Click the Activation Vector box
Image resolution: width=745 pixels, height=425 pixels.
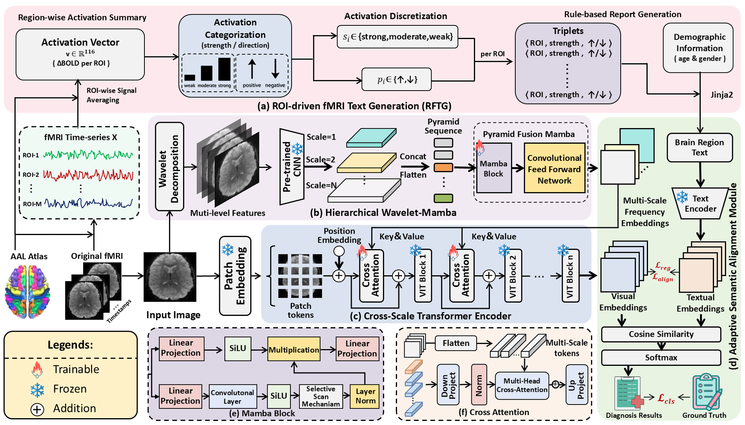click(x=80, y=54)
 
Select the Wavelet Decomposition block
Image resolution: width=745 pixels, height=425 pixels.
click(x=169, y=167)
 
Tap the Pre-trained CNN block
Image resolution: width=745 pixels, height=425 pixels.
click(x=292, y=167)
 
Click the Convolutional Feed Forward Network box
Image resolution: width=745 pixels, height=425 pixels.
click(x=554, y=169)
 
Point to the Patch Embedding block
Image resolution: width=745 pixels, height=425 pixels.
click(x=235, y=276)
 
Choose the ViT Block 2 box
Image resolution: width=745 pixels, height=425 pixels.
click(x=513, y=276)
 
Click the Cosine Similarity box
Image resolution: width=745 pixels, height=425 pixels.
click(x=661, y=334)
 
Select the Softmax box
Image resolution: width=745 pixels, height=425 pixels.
click(x=661, y=357)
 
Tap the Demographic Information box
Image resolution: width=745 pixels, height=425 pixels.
click(x=699, y=47)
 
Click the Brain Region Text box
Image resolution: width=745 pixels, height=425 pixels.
click(x=699, y=147)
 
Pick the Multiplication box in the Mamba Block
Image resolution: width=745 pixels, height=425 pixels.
click(x=294, y=349)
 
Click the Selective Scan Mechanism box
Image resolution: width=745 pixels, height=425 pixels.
click(x=320, y=396)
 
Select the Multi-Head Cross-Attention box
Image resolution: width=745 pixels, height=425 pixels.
click(x=522, y=385)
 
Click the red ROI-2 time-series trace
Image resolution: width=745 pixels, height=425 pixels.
click(x=88, y=175)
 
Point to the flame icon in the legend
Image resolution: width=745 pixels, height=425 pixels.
click(x=37, y=369)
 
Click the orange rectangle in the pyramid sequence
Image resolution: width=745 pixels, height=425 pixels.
click(x=443, y=167)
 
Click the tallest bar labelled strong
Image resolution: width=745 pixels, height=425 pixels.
click(x=224, y=69)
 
